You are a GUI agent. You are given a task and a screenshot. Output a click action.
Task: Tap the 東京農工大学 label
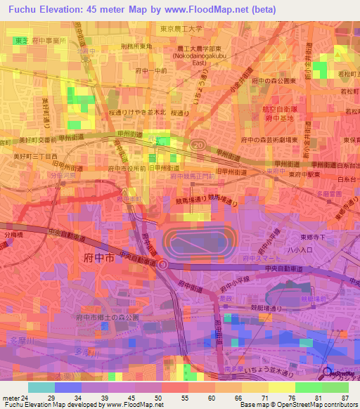pyautogui.click(x=181, y=29)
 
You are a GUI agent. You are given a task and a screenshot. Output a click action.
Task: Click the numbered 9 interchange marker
pyautogui.click(x=163, y=264)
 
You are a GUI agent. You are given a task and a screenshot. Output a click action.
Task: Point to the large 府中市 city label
pyautogui.click(x=90, y=259)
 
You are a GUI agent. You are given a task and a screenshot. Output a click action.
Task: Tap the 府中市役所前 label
pyautogui.click(x=127, y=169)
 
